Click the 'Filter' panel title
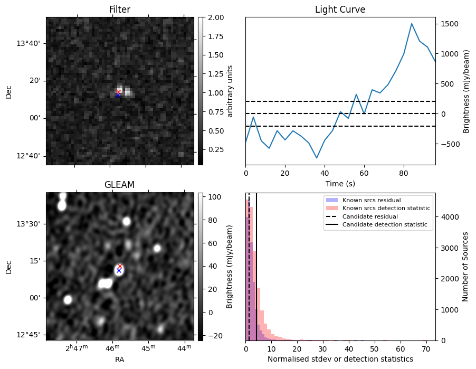120,10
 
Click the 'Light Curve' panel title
340,10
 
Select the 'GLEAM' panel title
120,185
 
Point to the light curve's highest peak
412,24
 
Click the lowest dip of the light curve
317,158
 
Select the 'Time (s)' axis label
340,183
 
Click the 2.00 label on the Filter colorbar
214,17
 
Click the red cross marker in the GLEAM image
120,267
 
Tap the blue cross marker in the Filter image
118,96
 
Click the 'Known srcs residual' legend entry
371,201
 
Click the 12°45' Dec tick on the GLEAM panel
31,335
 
